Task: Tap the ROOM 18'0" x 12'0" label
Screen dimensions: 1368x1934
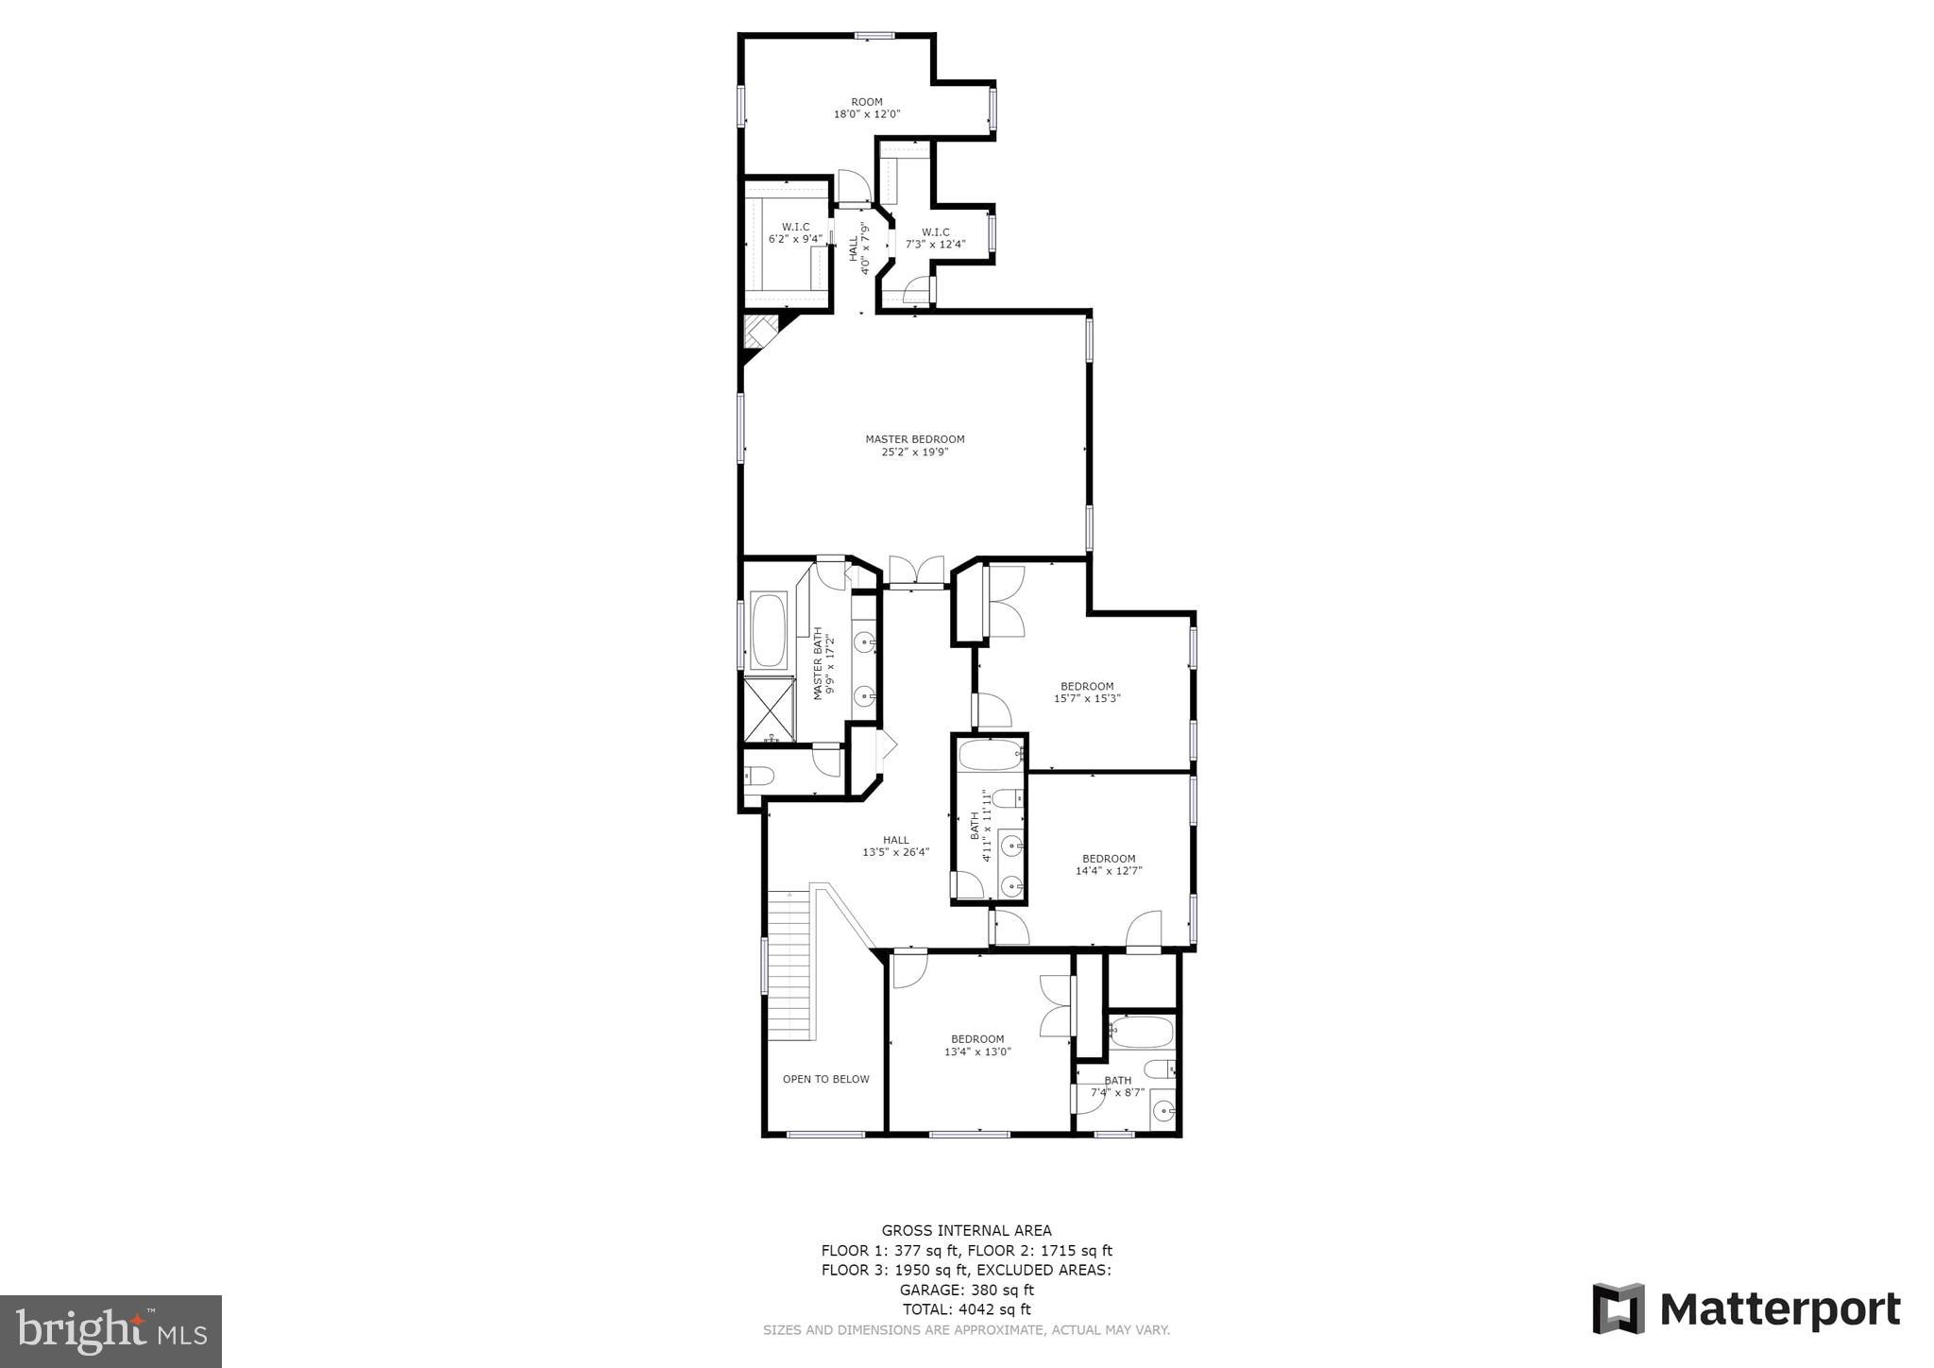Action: coord(866,108)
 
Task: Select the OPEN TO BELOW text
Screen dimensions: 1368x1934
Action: coord(825,1079)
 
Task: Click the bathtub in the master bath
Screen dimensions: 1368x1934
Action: coord(769,630)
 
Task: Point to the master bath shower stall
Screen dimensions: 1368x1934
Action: coord(770,709)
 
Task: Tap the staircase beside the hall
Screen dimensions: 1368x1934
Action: coord(789,964)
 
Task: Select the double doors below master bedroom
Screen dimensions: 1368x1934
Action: coord(916,572)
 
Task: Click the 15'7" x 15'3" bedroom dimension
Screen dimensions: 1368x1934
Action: coord(1087,699)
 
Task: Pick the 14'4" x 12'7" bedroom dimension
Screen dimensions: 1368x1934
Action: coord(1109,871)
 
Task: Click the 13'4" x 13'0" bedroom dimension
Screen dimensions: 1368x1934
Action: coord(977,1052)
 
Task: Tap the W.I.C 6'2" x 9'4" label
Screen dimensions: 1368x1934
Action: coord(795,232)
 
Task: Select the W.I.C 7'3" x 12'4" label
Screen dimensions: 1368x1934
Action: coord(935,238)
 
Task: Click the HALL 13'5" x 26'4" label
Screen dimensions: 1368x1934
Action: coord(895,846)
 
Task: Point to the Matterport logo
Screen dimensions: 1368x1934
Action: coord(1746,1308)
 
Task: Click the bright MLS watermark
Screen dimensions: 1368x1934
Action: coord(110,1331)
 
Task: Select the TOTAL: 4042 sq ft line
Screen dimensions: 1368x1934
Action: coord(966,1309)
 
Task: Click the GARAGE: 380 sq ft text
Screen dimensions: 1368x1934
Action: coord(966,1290)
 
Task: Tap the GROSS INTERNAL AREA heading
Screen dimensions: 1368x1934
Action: coord(966,1230)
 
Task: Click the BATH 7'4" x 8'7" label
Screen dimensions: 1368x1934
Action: coord(1117,1086)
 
